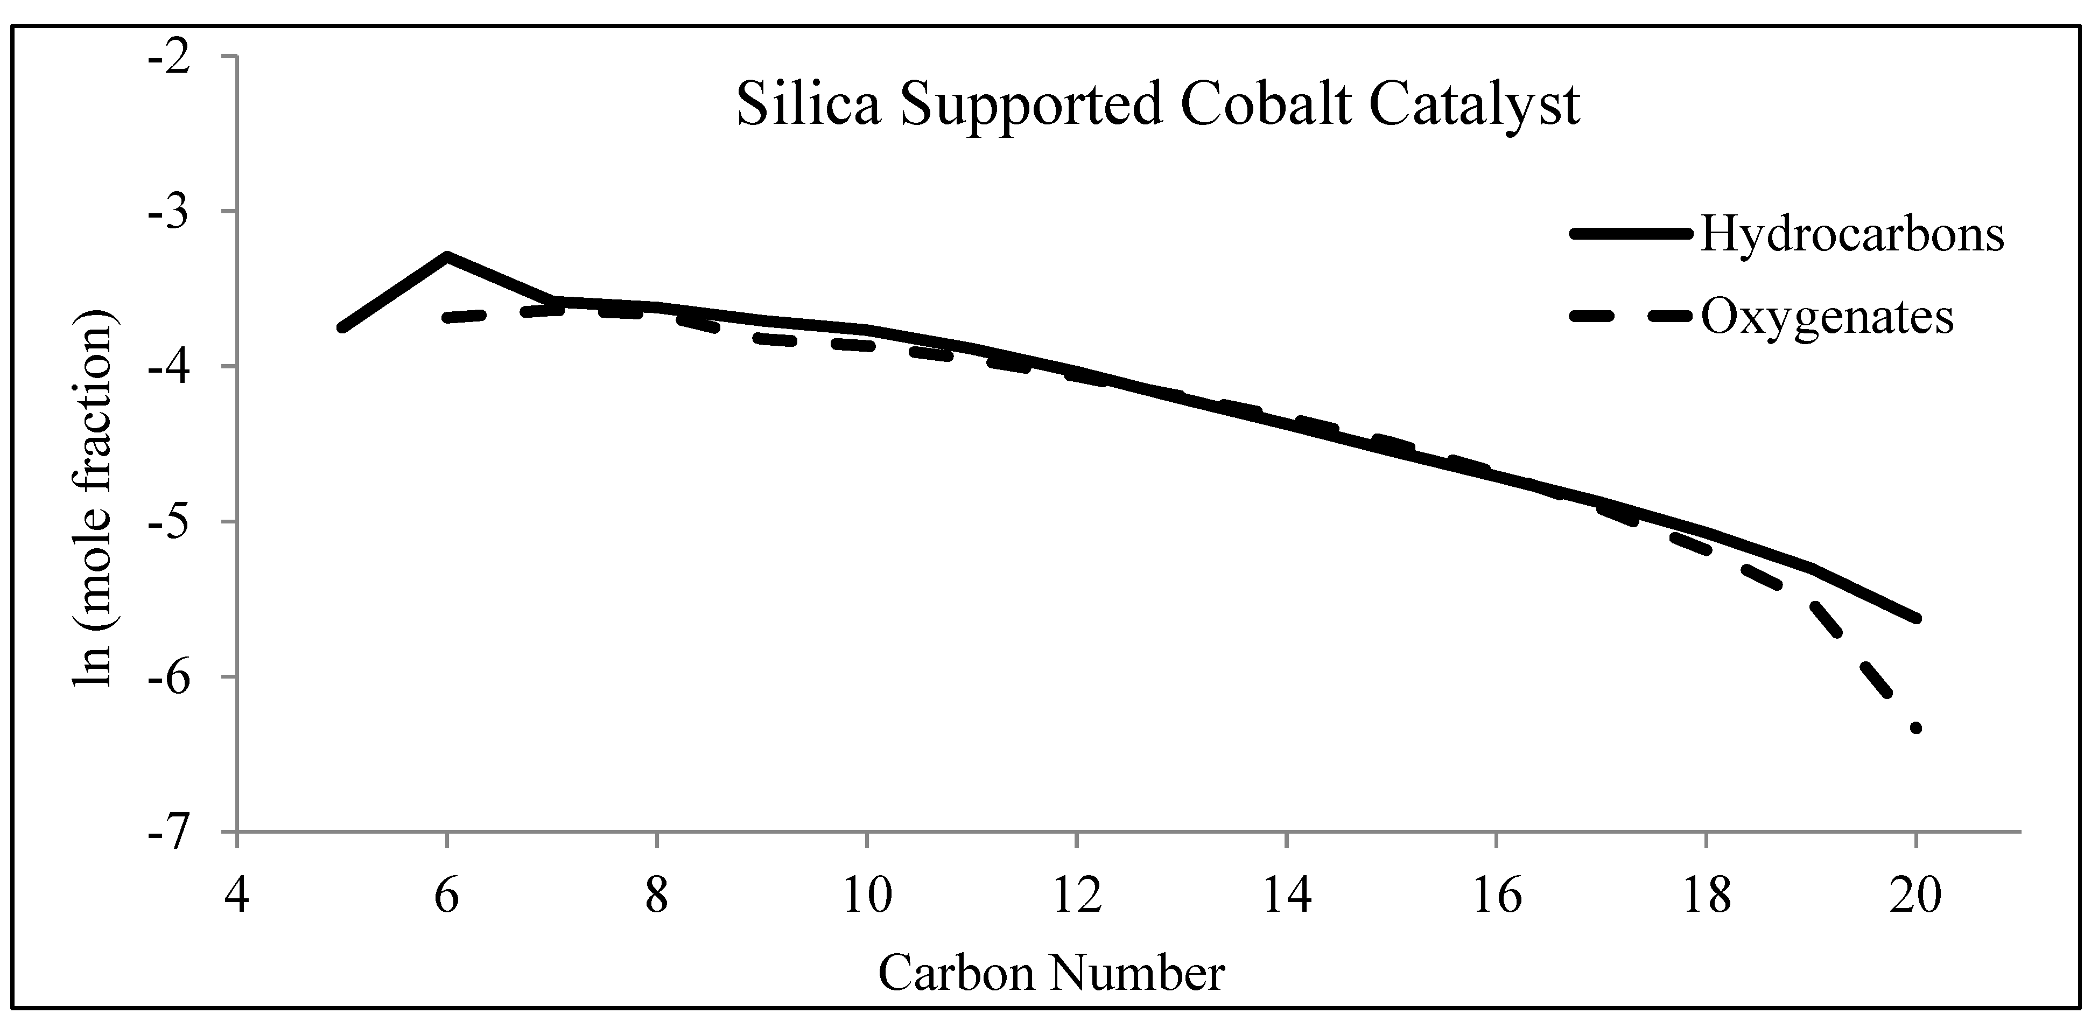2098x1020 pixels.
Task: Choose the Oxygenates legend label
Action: [1827, 318]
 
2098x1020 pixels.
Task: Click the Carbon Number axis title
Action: [1051, 974]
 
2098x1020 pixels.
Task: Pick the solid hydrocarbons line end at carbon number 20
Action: [1915, 618]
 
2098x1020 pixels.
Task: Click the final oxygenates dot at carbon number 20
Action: [1915, 728]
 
